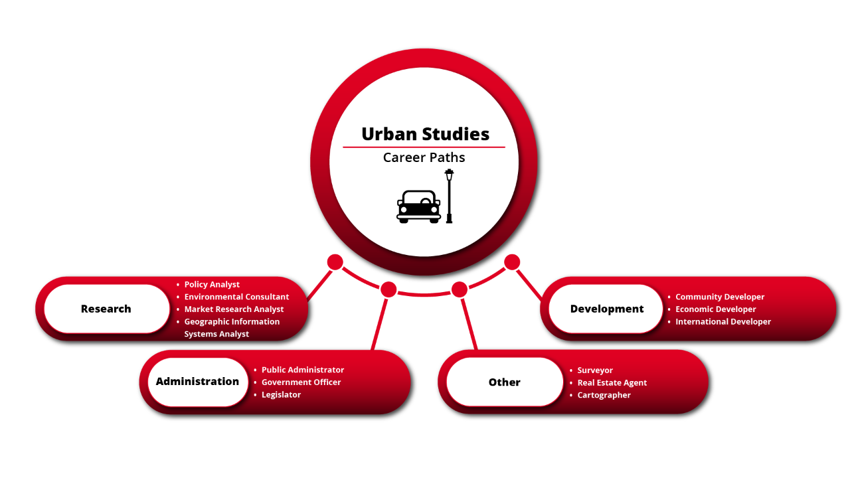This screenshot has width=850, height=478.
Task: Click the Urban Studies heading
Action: [425, 134]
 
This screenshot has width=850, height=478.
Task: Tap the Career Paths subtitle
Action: [424, 157]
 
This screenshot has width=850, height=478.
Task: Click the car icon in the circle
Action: [418, 206]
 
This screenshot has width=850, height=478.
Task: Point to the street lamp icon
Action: [449, 196]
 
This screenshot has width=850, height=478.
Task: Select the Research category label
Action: [106, 309]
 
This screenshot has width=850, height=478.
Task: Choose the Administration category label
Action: [197, 382]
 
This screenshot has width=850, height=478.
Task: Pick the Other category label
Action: [505, 382]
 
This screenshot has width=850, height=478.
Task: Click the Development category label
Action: [607, 309]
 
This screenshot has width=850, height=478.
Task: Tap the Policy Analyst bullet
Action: [212, 285]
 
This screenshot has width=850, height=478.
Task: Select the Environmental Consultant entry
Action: [236, 297]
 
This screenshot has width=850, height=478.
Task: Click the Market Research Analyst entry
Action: [234, 309]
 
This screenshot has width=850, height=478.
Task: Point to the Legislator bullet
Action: [281, 395]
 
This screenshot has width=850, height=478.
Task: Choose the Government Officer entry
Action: [301, 382]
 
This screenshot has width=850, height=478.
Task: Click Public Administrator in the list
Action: [303, 370]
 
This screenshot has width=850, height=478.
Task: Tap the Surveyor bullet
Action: [595, 370]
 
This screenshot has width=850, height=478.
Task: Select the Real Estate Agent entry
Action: [612, 383]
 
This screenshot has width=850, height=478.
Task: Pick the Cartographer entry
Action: [604, 396]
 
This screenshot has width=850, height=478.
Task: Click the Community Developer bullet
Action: [720, 297]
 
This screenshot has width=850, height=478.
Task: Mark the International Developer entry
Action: [723, 322]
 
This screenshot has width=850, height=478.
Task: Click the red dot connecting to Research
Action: [335, 262]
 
